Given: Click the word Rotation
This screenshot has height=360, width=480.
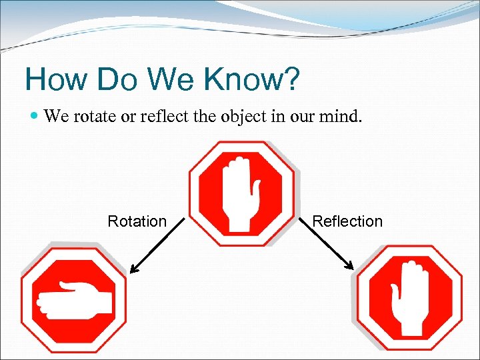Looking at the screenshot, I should pyautogui.click(x=137, y=221).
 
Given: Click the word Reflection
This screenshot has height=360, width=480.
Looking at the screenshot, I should pyautogui.click(x=347, y=221).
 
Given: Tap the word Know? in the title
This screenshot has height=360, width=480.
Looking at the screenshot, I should pyautogui.click(x=253, y=80).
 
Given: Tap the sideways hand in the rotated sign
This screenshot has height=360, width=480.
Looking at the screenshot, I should pyautogui.click(x=73, y=298).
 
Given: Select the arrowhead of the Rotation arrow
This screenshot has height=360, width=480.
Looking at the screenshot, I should pyautogui.click(x=133, y=269).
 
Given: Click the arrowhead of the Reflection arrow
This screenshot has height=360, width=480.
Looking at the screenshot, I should pyautogui.click(x=349, y=267).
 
